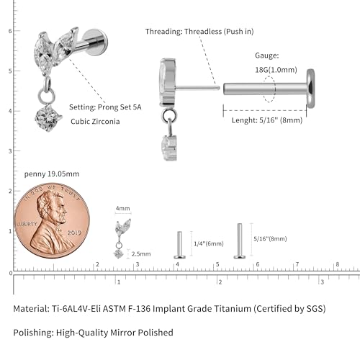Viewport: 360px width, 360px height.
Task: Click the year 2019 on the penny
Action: click(x=74, y=233)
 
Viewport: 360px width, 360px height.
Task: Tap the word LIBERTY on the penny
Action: click(x=27, y=224)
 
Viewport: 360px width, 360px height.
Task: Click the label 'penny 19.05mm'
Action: click(x=52, y=174)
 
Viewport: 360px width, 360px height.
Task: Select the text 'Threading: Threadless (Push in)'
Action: click(x=199, y=32)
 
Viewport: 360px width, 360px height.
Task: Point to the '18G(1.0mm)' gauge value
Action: click(x=276, y=70)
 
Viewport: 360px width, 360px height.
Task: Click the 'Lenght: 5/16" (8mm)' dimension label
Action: click(x=267, y=120)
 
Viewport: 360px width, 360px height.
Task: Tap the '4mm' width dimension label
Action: click(x=122, y=208)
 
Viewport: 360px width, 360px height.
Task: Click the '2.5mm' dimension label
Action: click(x=141, y=254)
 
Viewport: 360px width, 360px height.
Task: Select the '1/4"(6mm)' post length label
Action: click(x=209, y=244)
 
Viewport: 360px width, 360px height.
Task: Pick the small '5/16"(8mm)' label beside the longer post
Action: click(x=270, y=239)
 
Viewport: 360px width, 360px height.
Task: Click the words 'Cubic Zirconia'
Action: click(x=95, y=122)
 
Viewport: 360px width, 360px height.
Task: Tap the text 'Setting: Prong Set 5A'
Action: click(x=105, y=107)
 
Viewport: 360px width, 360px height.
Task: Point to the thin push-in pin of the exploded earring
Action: click(x=197, y=88)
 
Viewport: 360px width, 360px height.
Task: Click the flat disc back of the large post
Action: click(x=310, y=89)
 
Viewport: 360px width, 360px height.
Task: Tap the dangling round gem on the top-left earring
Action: click(x=48, y=118)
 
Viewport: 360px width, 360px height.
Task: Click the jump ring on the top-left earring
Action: click(x=45, y=96)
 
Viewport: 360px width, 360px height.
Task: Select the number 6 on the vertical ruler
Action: click(x=10, y=31)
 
